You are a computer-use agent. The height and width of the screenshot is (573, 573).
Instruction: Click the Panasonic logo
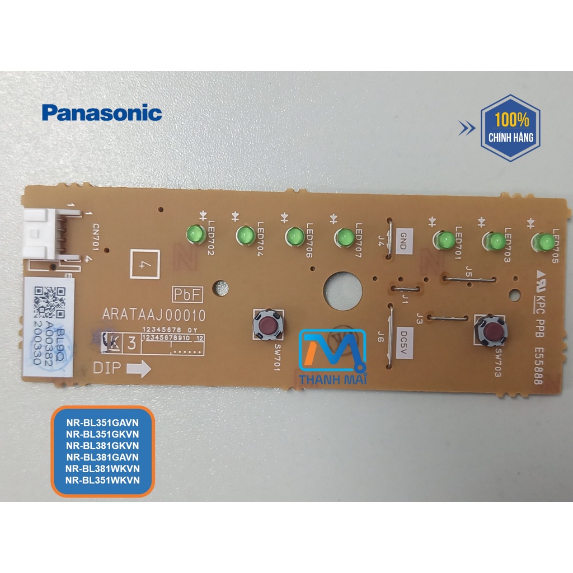click(x=102, y=113)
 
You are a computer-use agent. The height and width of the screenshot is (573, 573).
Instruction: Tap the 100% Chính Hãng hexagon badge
click(x=510, y=128)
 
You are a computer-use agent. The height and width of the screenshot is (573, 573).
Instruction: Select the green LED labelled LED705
click(x=543, y=242)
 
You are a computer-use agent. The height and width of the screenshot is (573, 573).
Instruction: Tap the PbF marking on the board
click(x=187, y=294)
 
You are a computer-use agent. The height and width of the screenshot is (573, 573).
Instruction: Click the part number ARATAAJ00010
click(x=154, y=316)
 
